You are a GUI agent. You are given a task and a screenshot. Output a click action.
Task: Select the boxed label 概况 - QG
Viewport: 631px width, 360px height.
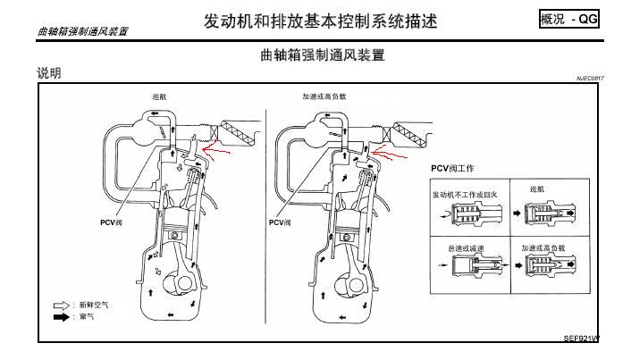568,20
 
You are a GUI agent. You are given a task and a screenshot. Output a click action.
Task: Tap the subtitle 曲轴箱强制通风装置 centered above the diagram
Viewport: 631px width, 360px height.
321,55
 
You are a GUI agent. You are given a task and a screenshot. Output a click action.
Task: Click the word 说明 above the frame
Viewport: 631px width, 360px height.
49,73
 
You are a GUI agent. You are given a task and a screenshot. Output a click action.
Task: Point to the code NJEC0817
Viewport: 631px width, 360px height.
589,79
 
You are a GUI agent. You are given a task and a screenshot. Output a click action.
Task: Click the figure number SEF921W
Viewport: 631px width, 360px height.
581,339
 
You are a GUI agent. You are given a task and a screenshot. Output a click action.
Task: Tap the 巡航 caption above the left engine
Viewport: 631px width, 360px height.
159,96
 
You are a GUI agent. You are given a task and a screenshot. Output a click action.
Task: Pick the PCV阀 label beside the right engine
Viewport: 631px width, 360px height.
280,222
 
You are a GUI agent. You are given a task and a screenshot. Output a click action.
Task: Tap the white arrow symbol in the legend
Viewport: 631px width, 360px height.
61,305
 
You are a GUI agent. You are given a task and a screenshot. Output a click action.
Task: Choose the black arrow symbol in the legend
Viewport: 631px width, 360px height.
61,316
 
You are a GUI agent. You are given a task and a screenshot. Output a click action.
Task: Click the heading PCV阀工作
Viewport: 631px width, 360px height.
452,168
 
